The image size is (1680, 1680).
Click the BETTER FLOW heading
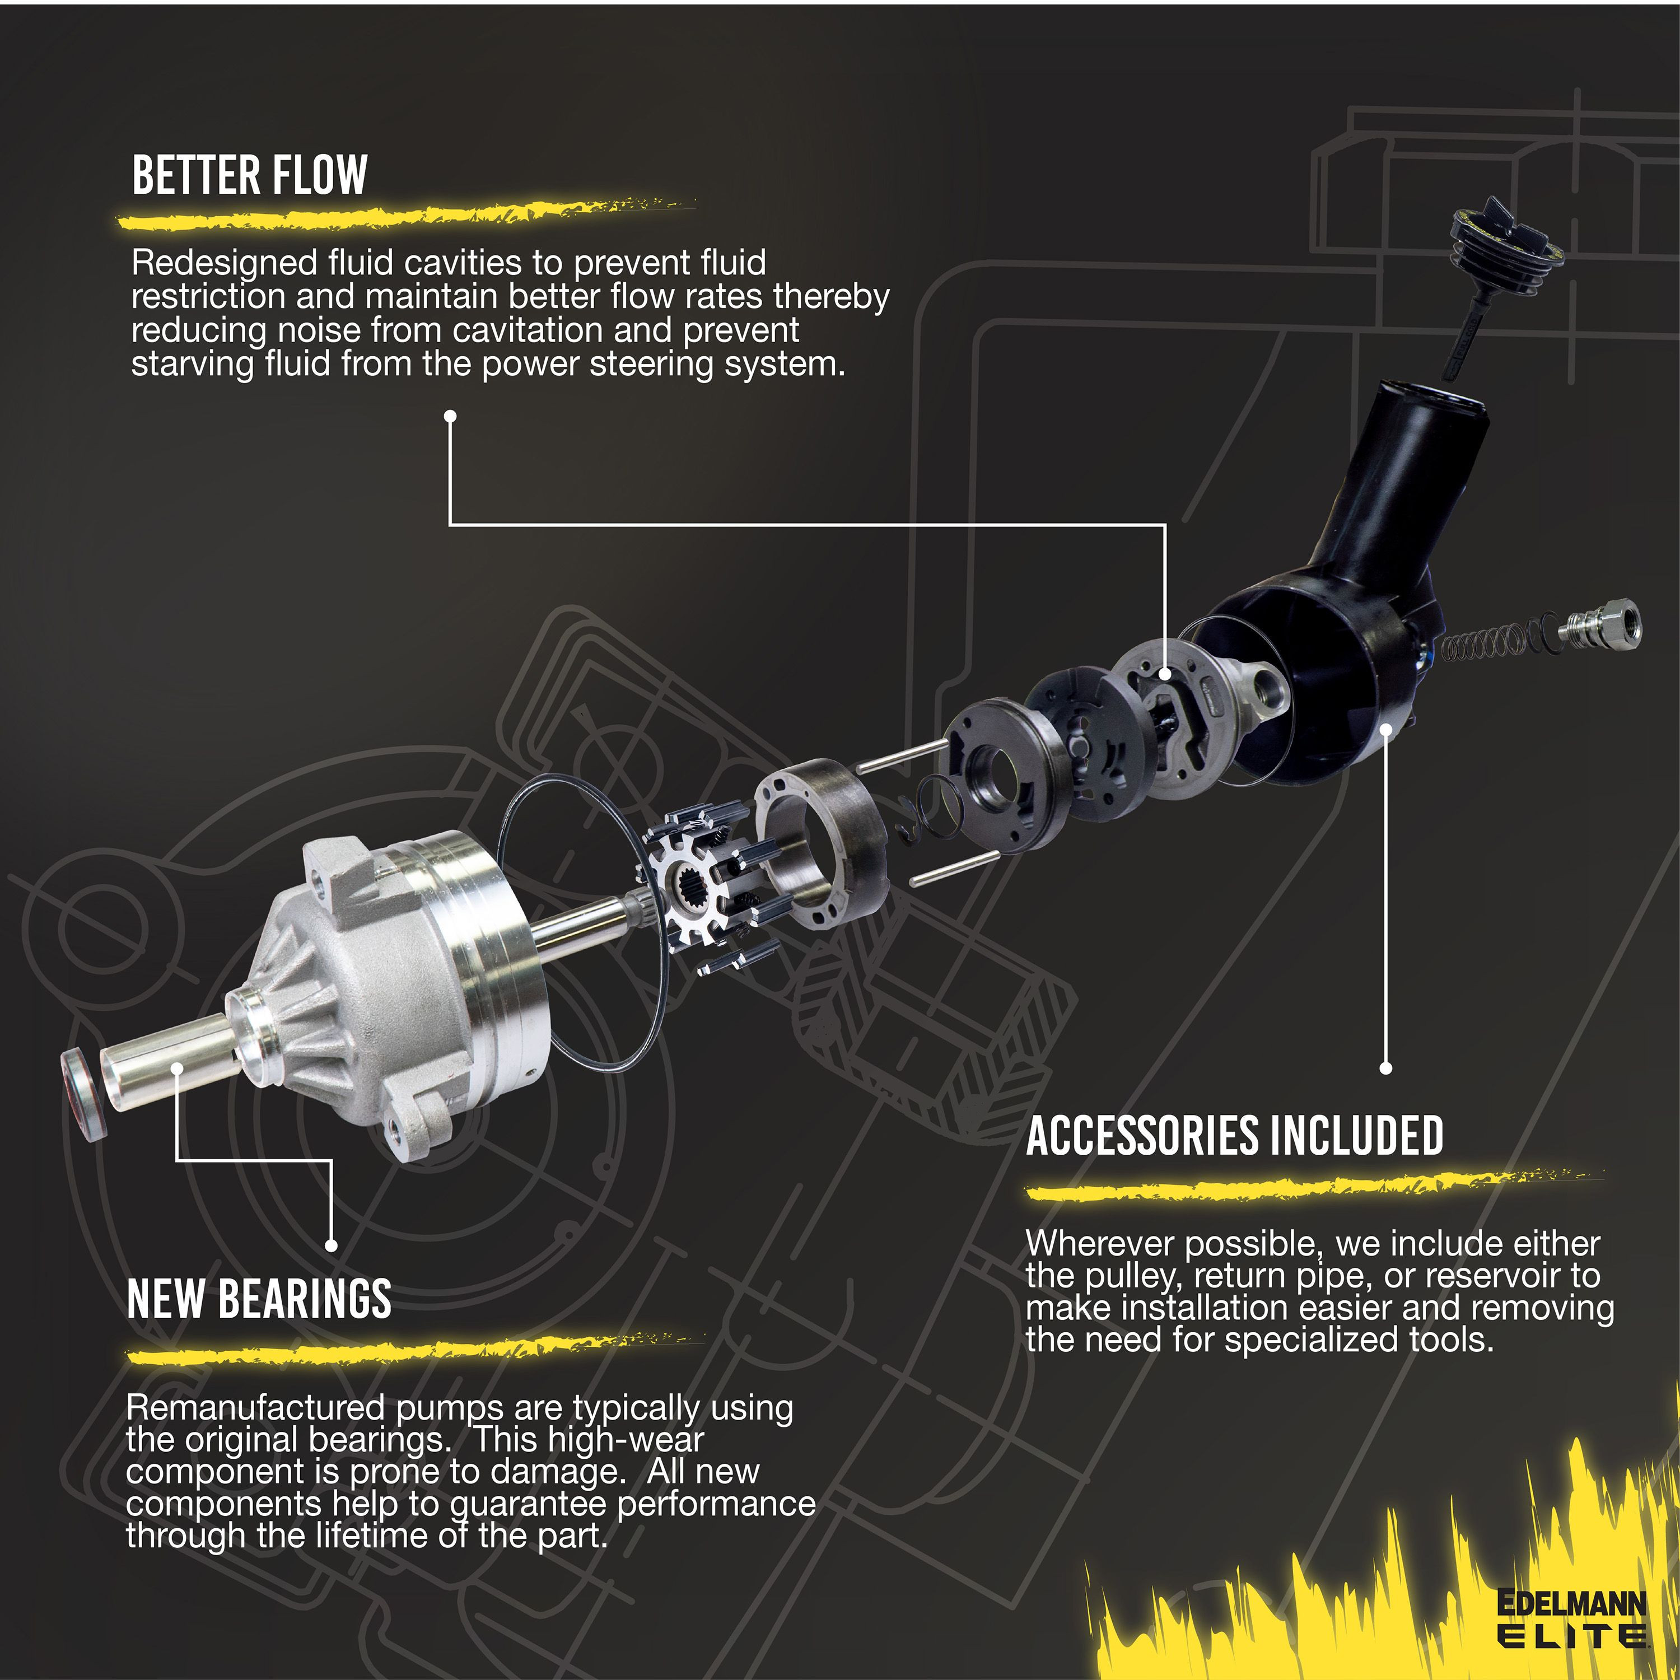[x=250, y=176]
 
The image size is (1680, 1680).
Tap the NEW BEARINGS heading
[x=259, y=1298]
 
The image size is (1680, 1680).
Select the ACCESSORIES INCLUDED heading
[x=1235, y=1136]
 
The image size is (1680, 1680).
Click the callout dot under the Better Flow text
[x=450, y=417]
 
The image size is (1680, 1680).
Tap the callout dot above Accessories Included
[x=1386, y=1068]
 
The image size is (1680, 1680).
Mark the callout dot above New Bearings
[x=330, y=1245]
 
